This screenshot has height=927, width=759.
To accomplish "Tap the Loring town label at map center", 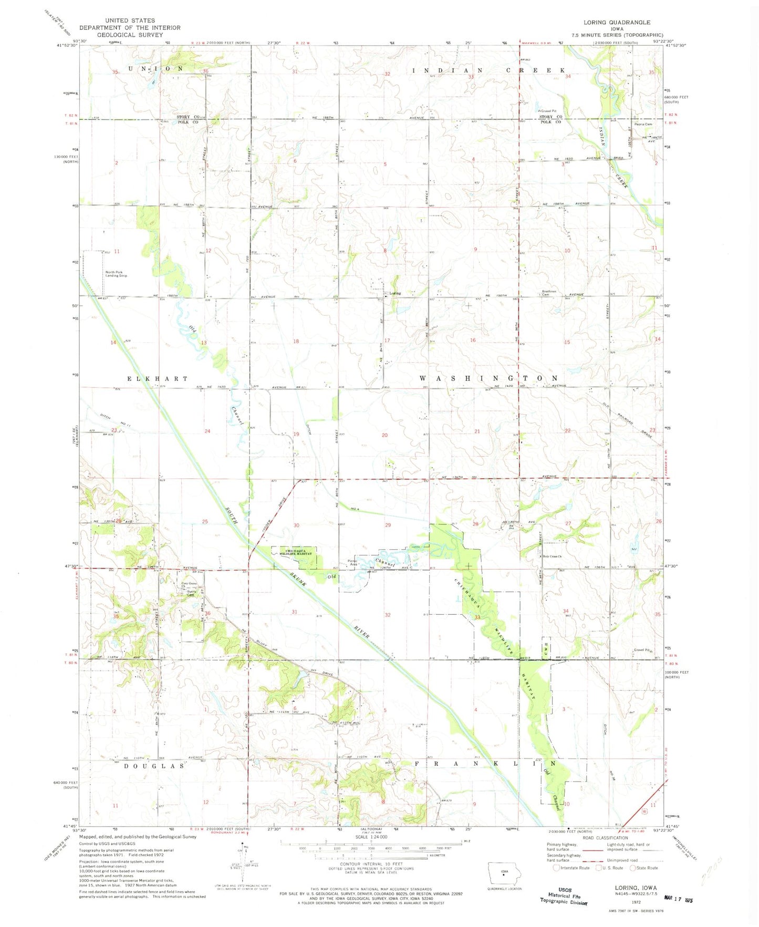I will [x=395, y=293].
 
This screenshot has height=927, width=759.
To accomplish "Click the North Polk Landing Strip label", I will [x=116, y=274].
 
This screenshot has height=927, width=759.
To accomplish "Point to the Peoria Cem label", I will [x=643, y=125].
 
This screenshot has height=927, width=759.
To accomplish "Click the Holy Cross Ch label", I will [x=553, y=557].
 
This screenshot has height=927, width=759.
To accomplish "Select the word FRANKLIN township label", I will [x=486, y=763].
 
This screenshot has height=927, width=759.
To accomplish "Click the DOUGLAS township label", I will [x=154, y=766].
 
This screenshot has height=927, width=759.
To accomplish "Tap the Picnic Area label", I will [x=352, y=562].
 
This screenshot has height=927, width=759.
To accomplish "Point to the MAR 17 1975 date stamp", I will [x=679, y=900].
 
